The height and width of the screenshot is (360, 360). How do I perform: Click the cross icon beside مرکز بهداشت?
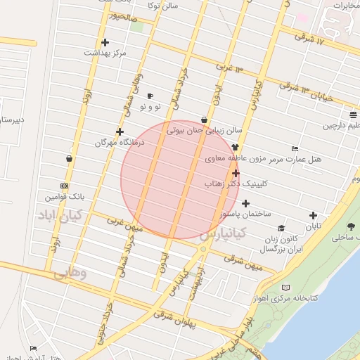click(105, 42)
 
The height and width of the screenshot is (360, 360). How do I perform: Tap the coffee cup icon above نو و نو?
click(150, 96)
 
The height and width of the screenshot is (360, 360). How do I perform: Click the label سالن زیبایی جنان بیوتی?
click(204, 130)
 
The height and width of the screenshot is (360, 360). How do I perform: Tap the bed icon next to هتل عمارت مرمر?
click(295, 148)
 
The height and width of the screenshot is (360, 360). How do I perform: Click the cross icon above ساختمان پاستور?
click(245, 203)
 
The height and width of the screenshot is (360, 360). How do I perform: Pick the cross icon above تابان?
click(313, 216)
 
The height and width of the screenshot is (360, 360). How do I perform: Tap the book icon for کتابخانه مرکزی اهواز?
click(285, 288)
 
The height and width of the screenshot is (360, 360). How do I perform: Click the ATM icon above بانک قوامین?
click(65, 186)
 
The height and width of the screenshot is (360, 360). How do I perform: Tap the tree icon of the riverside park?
click(350, 226)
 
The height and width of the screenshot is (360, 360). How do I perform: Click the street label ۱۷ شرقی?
click(312, 39)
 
